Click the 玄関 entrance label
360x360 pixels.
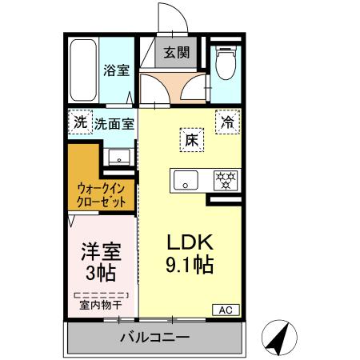[x=177, y=54]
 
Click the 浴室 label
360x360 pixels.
[x=116, y=70]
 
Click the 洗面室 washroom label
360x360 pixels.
[x=114, y=123]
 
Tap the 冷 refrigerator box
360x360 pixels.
[x=227, y=122]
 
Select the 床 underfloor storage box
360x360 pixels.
[x=192, y=139]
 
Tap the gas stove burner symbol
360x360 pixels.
[x=225, y=180]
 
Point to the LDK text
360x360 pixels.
[x=190, y=242]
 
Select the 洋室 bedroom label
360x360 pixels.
[x=100, y=251]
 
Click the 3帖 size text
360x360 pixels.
[x=100, y=273]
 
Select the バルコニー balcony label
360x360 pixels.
[x=154, y=336]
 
